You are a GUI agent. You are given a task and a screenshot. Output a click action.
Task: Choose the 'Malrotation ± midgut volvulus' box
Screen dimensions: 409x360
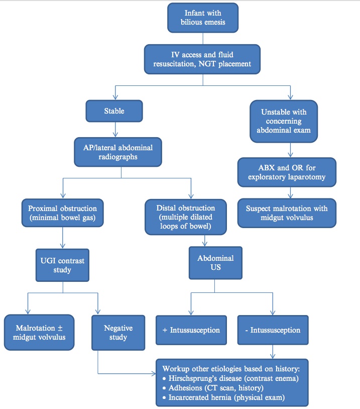click(39, 332)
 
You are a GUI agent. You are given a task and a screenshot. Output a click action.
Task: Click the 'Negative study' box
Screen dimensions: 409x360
click(118, 332)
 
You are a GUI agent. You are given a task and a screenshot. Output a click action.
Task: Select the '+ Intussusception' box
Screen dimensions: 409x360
click(191, 330)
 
